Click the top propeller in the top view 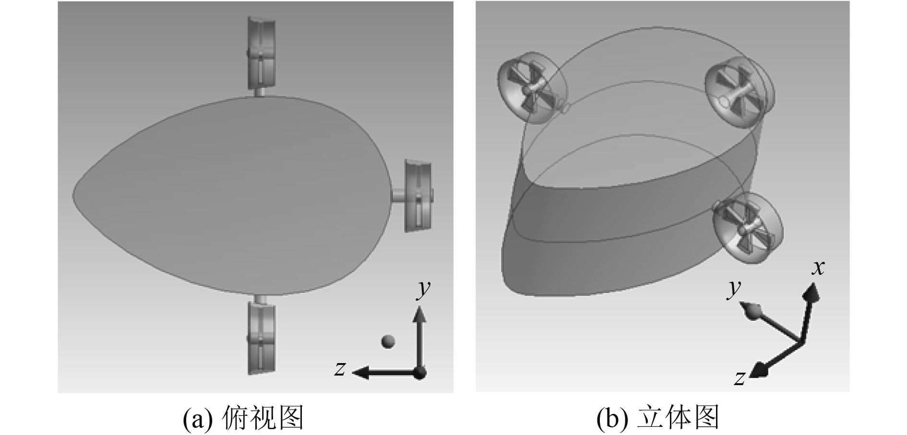[262, 53]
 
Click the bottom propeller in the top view [262, 337]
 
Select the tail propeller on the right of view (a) [419, 196]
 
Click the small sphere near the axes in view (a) [388, 341]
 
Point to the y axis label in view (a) [423, 289]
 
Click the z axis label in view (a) [340, 368]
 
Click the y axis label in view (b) [733, 289]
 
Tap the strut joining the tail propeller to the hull [398, 196]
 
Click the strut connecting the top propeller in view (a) [259, 92]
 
